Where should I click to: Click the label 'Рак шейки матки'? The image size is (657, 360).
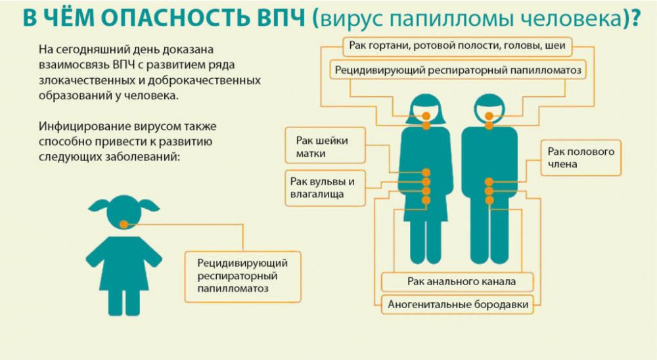point(325,145)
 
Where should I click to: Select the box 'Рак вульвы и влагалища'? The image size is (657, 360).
point(325,188)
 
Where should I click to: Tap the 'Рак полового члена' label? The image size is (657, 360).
point(581,158)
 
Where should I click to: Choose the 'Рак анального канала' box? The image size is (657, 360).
point(457,282)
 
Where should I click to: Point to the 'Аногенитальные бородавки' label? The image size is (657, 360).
point(457,304)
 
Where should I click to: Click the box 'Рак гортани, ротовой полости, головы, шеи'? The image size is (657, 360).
point(457,46)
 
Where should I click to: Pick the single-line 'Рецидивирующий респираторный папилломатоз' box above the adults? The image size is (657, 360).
point(457,70)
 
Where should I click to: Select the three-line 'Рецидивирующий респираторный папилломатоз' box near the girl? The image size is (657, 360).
point(242,277)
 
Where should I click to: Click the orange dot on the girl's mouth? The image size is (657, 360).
point(124,225)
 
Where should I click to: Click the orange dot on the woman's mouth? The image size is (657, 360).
point(426,116)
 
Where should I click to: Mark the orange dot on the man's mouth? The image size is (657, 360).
point(489,116)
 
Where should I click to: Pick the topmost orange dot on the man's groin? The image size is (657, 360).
point(489,182)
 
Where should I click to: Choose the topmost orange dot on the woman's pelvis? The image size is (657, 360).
point(426,173)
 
